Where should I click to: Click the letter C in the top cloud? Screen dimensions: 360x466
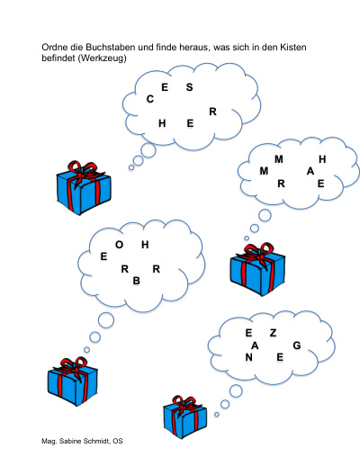click(x=150, y=99)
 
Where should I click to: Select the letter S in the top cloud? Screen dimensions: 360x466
click(x=189, y=87)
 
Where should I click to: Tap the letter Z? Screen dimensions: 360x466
click(x=273, y=333)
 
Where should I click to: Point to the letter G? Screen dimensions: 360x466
click(x=297, y=345)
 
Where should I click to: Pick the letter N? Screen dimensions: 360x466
click(x=248, y=357)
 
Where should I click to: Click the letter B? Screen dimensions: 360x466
click(x=137, y=281)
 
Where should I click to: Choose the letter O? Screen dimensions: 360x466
click(x=119, y=245)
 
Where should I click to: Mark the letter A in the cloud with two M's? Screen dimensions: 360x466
click(x=310, y=171)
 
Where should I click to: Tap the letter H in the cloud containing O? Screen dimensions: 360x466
click(x=145, y=245)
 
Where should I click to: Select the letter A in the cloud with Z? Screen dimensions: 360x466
click(x=255, y=345)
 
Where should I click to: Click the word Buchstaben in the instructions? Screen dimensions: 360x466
click(x=110, y=48)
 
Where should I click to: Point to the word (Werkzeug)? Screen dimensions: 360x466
click(x=102, y=58)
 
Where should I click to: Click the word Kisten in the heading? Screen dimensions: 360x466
click(x=293, y=48)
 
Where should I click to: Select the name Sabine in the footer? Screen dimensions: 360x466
click(x=69, y=441)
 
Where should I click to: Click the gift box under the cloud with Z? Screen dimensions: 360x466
click(x=185, y=417)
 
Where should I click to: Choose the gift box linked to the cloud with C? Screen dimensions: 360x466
click(x=84, y=188)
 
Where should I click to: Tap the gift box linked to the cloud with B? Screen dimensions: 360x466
click(x=73, y=381)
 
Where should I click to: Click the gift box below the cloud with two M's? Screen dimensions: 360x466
click(x=257, y=269)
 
